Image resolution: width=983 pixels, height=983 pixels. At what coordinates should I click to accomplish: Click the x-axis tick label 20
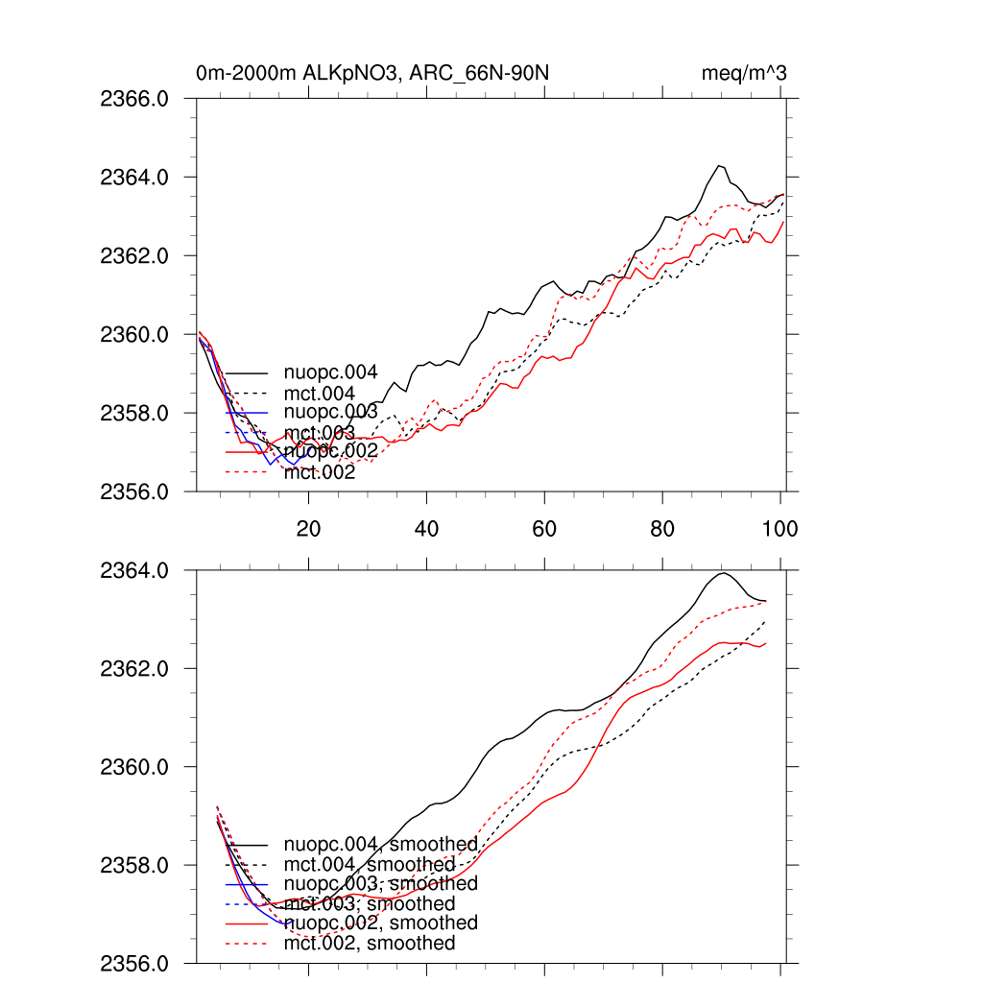pyautogui.click(x=308, y=528)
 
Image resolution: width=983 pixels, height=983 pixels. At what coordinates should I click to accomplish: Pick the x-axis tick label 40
pyautogui.click(x=426, y=528)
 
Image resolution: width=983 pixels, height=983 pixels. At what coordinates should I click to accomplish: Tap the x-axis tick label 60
pyautogui.click(x=544, y=528)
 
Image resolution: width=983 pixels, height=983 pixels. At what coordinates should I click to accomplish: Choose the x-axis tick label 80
pyautogui.click(x=662, y=528)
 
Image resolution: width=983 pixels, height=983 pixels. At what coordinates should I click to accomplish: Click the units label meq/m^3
pyautogui.click(x=746, y=74)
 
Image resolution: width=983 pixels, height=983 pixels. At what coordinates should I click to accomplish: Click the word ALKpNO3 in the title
pyautogui.click(x=348, y=74)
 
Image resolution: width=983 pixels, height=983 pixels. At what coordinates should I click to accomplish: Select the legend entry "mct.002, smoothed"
pyautogui.click(x=370, y=944)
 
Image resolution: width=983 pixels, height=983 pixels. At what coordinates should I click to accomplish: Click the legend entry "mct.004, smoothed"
pyautogui.click(x=370, y=865)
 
